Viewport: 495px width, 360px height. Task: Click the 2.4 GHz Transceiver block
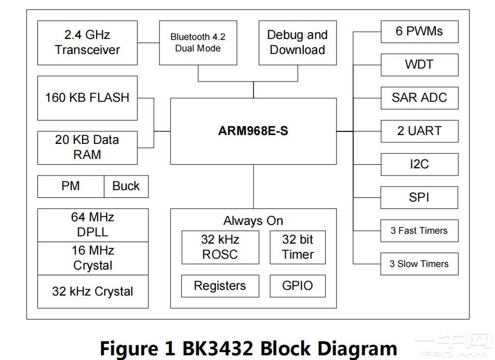tap(87, 43)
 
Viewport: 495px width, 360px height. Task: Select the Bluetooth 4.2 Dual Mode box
tap(198, 43)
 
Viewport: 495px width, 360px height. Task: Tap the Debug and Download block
tap(297, 43)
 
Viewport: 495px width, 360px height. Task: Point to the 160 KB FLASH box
tap(87, 98)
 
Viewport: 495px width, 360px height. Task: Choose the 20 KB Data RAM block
tap(87, 147)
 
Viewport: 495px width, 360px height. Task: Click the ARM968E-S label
tap(253, 131)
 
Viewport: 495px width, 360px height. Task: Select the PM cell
tap(71, 186)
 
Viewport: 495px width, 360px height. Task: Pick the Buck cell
tap(126, 186)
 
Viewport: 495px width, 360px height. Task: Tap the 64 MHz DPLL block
tap(92, 225)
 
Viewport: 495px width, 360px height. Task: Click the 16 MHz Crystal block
tap(92, 258)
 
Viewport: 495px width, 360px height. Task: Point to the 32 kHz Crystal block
tap(92, 291)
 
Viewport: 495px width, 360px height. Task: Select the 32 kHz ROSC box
tap(220, 247)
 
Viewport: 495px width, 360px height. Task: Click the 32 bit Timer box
tap(298, 247)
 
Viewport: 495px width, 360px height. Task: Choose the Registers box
tap(220, 286)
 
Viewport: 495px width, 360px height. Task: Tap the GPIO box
tap(298, 286)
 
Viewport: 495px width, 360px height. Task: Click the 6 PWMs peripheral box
tap(419, 32)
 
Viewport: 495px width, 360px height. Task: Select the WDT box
tap(419, 65)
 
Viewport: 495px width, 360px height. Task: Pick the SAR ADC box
tap(419, 98)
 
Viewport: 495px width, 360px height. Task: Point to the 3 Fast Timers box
tap(419, 231)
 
